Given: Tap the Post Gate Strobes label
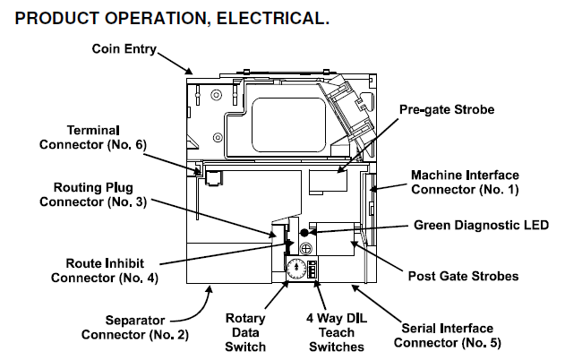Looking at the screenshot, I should click(x=463, y=276).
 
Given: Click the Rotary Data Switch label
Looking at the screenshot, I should click(x=245, y=330).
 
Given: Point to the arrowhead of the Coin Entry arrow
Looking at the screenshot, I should click(x=189, y=72).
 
